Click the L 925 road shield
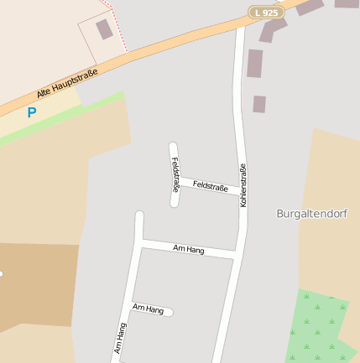pyautogui.click(x=265, y=13)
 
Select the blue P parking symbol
pyautogui.click(x=32, y=111)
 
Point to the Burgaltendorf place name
pyautogui.click(x=311, y=213)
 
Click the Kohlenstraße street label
pyautogui.click(x=243, y=185)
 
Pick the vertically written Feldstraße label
pyautogui.click(x=175, y=174)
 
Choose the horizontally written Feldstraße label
pyautogui.click(x=210, y=186)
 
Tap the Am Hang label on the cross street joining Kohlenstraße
pyautogui.click(x=189, y=249)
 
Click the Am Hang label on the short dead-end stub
pyautogui.click(x=149, y=309)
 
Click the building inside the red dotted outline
pyautogui.click(x=104, y=29)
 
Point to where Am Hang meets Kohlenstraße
pyautogui.click(x=236, y=253)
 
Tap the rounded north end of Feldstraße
pyautogui.click(x=173, y=148)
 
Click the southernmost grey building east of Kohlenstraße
pyautogui.click(x=259, y=104)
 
